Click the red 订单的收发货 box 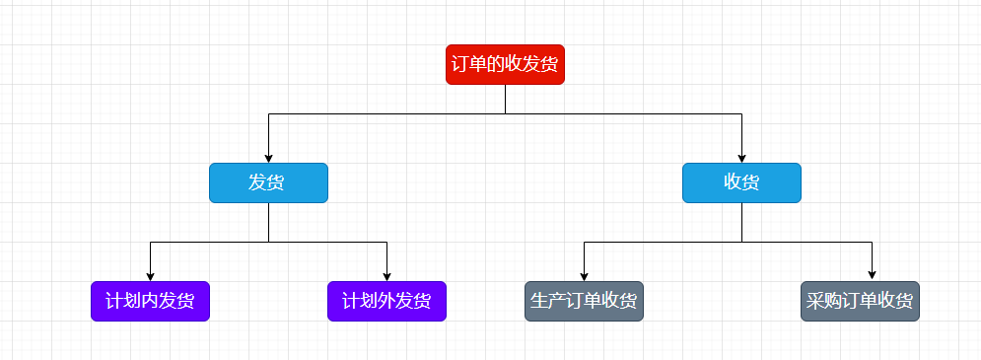pyautogui.click(x=505, y=65)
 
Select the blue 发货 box pyautogui.click(x=268, y=182)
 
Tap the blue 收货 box pyautogui.click(x=741, y=182)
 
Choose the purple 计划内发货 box pyautogui.click(x=150, y=302)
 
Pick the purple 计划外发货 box pyautogui.click(x=386, y=302)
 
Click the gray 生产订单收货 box pyautogui.click(x=584, y=302)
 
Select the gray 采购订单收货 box pyautogui.click(x=860, y=302)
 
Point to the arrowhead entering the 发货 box pyautogui.click(x=268, y=158)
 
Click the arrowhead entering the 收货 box pyautogui.click(x=741, y=158)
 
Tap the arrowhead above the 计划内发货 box pyautogui.click(x=150, y=276)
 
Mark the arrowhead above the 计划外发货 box pyautogui.click(x=386, y=276)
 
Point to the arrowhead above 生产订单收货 pyautogui.click(x=584, y=276)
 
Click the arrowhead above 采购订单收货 pyautogui.click(x=873, y=276)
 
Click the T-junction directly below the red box pyautogui.click(x=505, y=113)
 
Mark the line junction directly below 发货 pyautogui.click(x=268, y=242)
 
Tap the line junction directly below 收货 pyautogui.click(x=741, y=242)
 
